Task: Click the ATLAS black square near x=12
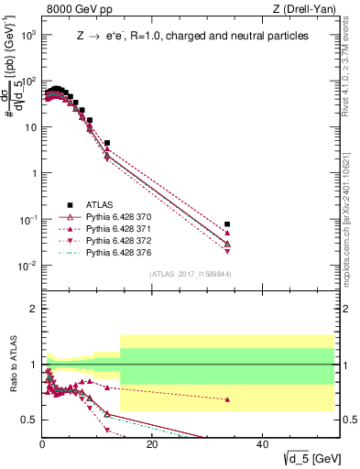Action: [107, 143]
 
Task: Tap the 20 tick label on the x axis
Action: [152, 445]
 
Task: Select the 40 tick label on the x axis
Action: [262, 445]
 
